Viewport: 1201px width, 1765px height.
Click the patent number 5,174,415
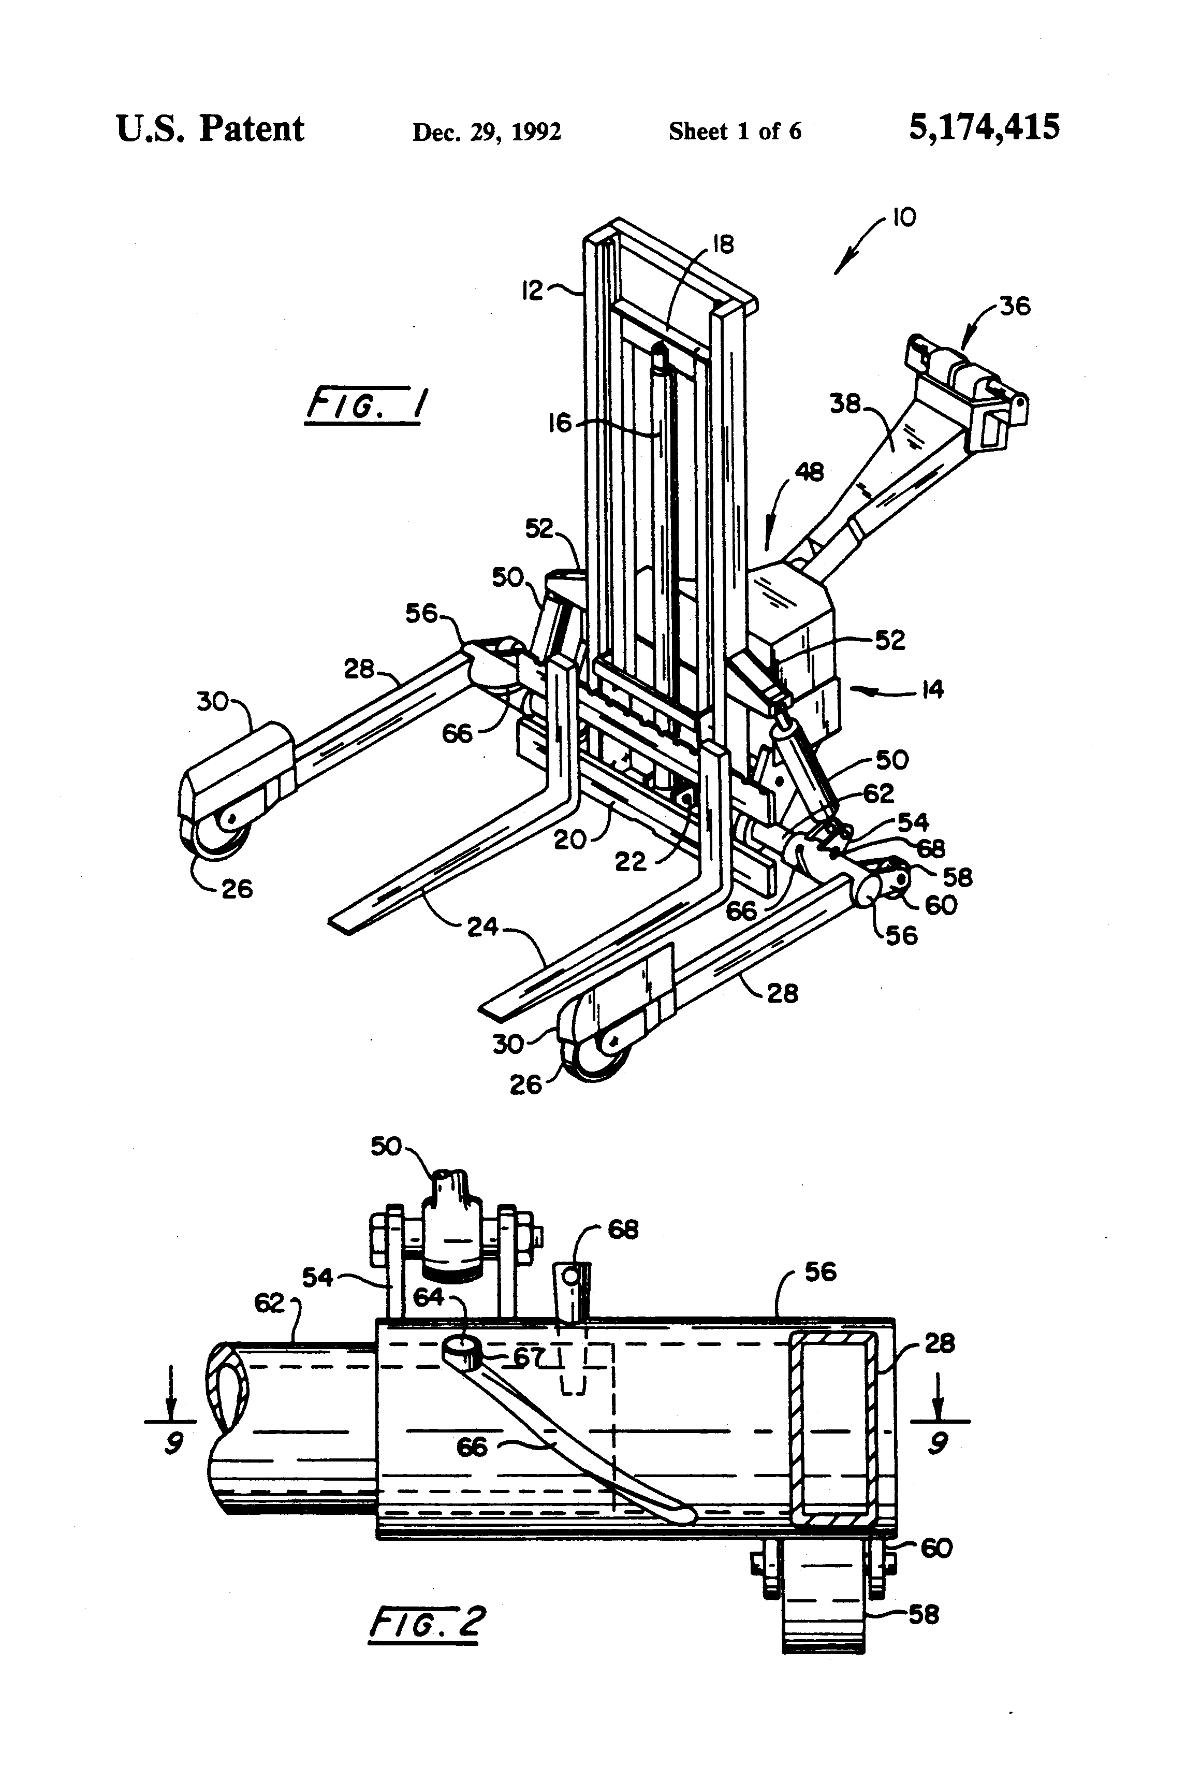984,127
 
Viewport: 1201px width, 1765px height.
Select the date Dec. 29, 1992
487,132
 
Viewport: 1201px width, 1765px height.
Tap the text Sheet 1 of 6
734,132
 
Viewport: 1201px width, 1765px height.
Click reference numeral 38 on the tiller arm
845,403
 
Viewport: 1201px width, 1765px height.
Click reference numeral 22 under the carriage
630,861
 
